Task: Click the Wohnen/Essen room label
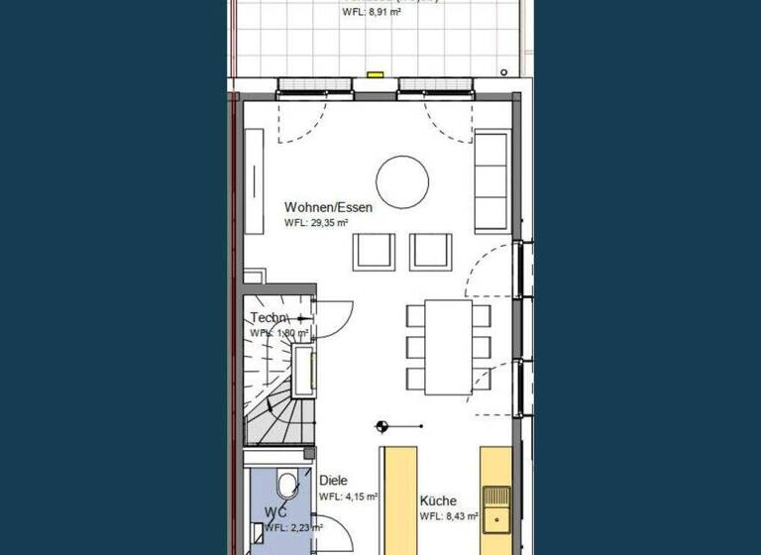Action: pyautogui.click(x=328, y=207)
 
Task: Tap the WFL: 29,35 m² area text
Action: pyautogui.click(x=316, y=224)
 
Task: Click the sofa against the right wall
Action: pyautogui.click(x=491, y=179)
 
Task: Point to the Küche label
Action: pyautogui.click(x=437, y=500)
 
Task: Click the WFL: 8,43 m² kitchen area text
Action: pyautogui.click(x=449, y=516)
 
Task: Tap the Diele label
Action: pyautogui.click(x=333, y=481)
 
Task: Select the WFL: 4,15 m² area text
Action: pyautogui.click(x=348, y=497)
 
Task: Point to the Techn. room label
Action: pyautogui.click(x=269, y=318)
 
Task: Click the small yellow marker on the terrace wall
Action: pyautogui.click(x=375, y=73)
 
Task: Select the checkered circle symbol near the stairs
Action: pyautogui.click(x=382, y=426)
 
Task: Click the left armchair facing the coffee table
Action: pyautogui.click(x=375, y=251)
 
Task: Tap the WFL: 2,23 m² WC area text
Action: pyautogui.click(x=292, y=527)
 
